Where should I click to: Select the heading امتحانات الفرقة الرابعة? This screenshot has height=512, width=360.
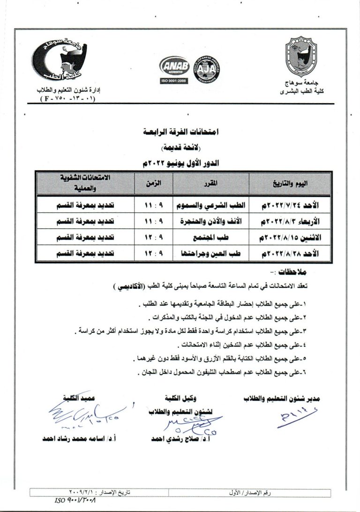(x=180, y=134)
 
